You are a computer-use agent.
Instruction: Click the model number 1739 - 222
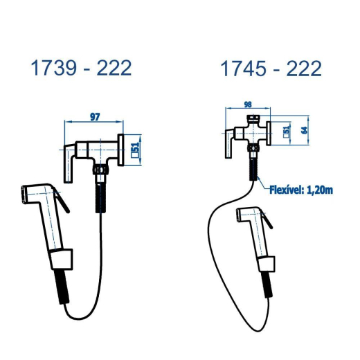[x=81, y=68]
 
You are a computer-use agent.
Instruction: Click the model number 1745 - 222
[x=271, y=69]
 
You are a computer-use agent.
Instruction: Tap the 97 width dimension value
[x=95, y=117]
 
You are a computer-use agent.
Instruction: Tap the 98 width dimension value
[x=248, y=105]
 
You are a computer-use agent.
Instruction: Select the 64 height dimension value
[x=305, y=130]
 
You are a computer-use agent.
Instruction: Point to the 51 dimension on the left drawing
[x=135, y=150]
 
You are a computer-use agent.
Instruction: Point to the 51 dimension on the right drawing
[x=287, y=132]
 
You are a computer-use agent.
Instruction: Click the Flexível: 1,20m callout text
[x=301, y=190]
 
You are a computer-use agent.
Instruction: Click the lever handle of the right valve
[x=229, y=143]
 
